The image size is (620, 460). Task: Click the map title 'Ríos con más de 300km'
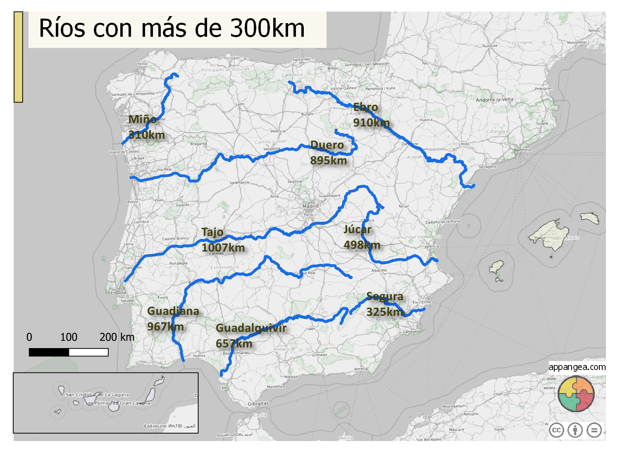(172, 28)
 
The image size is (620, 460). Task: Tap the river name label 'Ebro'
(365, 107)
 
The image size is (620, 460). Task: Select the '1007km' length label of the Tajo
(223, 248)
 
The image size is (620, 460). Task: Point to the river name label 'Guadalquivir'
(251, 328)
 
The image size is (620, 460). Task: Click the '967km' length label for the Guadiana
(165, 327)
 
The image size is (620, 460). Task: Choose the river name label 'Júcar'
(358, 229)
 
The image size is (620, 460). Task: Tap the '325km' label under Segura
(384, 312)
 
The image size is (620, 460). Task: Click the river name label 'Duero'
(327, 145)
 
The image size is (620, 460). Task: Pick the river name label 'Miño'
(143, 119)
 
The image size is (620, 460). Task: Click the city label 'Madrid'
(310, 206)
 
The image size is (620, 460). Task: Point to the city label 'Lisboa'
(119, 292)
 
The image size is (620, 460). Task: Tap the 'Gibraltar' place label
(258, 404)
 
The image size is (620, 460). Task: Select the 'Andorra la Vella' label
(494, 100)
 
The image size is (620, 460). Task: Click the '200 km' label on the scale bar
(117, 337)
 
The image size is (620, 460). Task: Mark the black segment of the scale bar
(49, 352)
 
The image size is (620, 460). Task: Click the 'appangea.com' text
(577, 367)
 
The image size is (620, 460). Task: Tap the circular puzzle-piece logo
(576, 394)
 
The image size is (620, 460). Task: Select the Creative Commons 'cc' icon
(556, 430)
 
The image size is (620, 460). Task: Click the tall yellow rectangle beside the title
(18, 57)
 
